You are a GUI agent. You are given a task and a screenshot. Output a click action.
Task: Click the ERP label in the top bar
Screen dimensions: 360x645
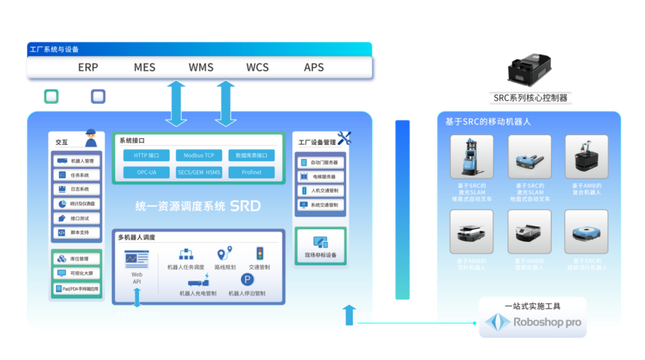pos(88,67)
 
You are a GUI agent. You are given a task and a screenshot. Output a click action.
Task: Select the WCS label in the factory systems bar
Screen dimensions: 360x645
pos(257,67)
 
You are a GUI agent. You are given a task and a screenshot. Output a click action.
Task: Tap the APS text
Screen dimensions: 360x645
pos(314,67)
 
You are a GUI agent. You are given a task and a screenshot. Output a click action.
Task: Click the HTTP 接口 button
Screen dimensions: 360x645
pos(146,155)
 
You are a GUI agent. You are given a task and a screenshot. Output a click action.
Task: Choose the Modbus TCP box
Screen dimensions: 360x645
pos(199,155)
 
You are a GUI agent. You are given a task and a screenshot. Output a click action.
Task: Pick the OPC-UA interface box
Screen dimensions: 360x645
pos(146,173)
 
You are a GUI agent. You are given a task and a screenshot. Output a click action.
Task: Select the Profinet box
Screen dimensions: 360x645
pos(251,173)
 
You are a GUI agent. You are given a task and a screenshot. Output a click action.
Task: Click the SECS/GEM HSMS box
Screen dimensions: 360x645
pos(199,173)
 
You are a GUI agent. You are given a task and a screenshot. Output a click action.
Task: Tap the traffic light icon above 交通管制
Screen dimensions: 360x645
pos(260,253)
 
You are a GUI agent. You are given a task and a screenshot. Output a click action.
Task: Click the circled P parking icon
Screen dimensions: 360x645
pos(247,279)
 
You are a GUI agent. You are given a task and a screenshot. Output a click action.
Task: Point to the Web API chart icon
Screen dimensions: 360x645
pos(136,259)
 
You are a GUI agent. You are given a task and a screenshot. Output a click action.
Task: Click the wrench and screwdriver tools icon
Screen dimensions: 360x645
pos(344,138)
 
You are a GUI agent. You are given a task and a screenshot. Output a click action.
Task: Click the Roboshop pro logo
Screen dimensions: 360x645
pos(532,323)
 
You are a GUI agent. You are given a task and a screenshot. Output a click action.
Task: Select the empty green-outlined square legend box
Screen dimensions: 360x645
pos(51,96)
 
